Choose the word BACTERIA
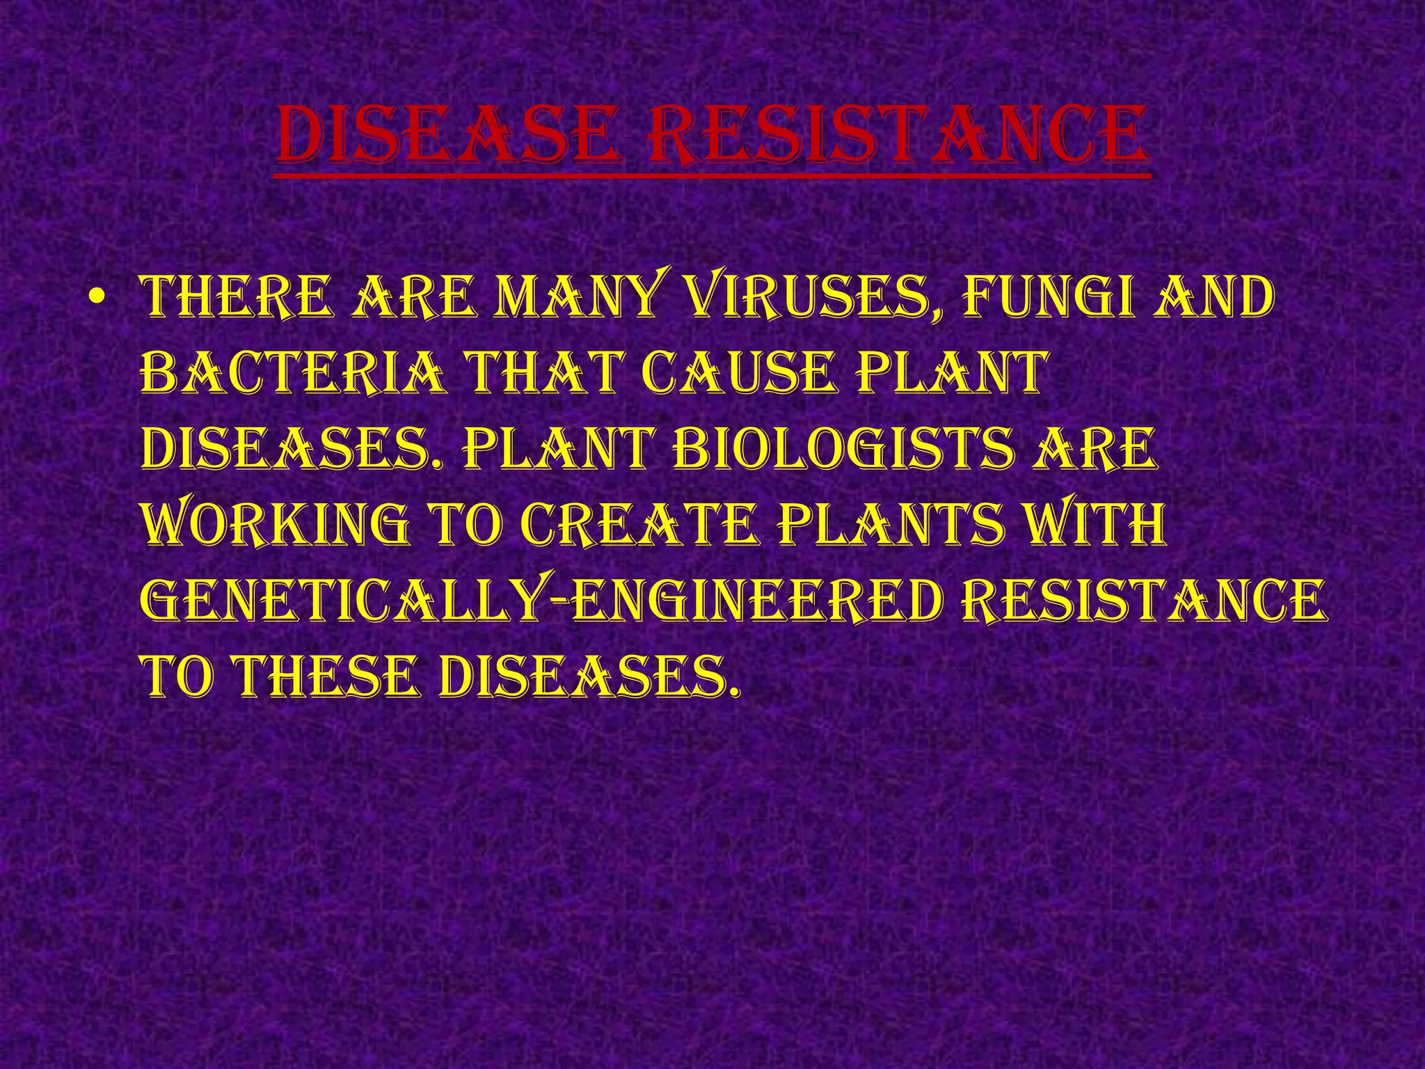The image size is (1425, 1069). (x=293, y=374)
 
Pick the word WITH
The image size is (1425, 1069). (x=1099, y=524)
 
